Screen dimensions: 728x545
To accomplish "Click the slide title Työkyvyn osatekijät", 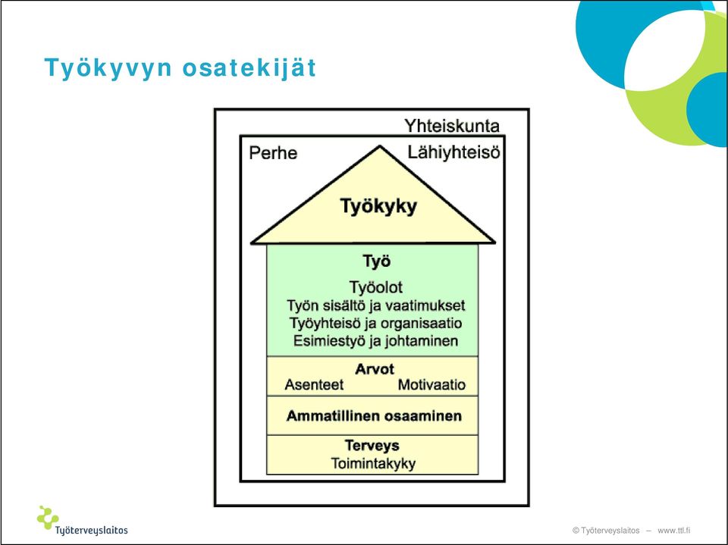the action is click(x=180, y=68).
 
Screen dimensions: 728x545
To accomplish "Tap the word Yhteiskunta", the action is click(x=452, y=126).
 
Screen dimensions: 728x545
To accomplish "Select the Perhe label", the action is click(x=273, y=153).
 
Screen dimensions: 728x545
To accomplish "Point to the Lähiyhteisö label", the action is click(x=453, y=152).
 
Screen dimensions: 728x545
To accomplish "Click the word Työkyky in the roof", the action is click(x=378, y=206).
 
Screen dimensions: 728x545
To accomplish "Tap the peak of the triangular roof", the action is click(x=380, y=147).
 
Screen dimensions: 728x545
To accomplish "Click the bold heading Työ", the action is click(x=377, y=261).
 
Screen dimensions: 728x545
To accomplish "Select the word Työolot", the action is click(x=375, y=287).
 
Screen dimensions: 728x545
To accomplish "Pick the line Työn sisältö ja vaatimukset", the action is click(x=375, y=305).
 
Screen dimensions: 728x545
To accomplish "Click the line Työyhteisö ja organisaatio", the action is click(x=375, y=323).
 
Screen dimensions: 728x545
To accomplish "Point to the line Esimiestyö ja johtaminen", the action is click(x=375, y=341).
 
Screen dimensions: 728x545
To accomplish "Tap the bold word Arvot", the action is click(x=374, y=369).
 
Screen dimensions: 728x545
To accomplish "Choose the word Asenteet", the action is click(x=314, y=385).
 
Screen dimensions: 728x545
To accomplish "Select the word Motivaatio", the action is click(x=431, y=385).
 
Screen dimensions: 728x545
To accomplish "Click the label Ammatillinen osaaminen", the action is click(x=374, y=416).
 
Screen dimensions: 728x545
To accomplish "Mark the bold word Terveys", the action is click(x=372, y=446).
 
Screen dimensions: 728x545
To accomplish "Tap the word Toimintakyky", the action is click(x=373, y=463).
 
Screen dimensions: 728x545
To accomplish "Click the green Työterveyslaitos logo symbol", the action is click(x=47, y=517).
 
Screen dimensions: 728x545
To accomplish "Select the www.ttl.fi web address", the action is click(x=673, y=530).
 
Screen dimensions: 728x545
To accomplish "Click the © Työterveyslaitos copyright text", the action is click(x=606, y=530).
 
